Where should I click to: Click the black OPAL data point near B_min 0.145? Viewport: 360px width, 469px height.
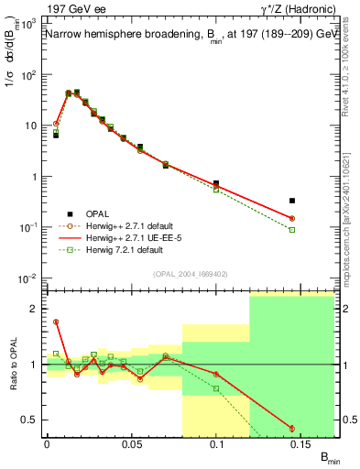coord(292,200)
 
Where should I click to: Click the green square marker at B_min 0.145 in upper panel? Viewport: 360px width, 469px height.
coord(292,229)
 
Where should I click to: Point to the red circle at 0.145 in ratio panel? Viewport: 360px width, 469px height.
coord(292,429)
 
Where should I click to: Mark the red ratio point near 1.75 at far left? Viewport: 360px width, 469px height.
coord(56,322)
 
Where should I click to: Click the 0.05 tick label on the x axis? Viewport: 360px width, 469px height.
coord(132,444)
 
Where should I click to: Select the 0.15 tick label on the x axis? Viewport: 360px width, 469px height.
coord(301,444)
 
